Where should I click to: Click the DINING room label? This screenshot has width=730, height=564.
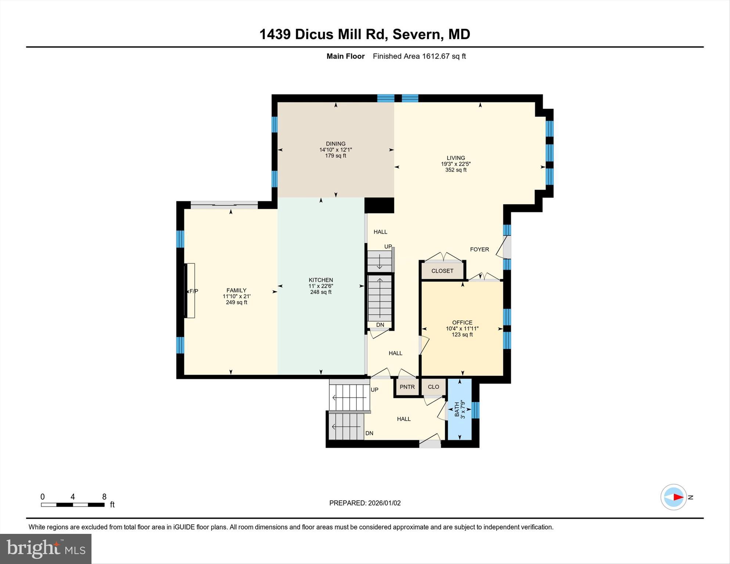click(x=335, y=144)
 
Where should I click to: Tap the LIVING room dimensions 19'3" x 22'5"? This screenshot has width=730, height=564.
click(x=456, y=164)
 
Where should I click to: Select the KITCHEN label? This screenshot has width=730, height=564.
click(x=321, y=280)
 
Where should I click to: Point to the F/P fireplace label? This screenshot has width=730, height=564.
click(x=193, y=291)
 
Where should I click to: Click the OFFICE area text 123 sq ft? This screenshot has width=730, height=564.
click(x=462, y=335)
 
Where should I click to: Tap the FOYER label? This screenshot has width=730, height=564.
click(x=479, y=249)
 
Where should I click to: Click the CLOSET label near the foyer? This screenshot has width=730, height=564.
click(x=442, y=271)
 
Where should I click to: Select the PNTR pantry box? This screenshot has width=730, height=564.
click(x=407, y=387)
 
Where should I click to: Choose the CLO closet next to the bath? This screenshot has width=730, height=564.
click(x=434, y=387)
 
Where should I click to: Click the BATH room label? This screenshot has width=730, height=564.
click(x=457, y=409)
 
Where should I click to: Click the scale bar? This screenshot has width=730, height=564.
click(x=73, y=505)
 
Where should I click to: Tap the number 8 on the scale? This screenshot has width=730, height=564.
click(x=104, y=497)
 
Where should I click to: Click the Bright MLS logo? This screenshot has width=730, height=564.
click(x=46, y=549)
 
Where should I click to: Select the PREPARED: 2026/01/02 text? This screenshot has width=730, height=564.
click(x=365, y=503)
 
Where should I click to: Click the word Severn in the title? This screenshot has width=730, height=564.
click(x=416, y=34)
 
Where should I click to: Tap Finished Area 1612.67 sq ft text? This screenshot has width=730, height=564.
click(x=419, y=56)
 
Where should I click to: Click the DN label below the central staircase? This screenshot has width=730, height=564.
click(x=380, y=325)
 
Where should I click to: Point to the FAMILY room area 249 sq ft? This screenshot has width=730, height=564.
click(x=236, y=302)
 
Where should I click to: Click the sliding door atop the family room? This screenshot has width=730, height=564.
click(x=224, y=204)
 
